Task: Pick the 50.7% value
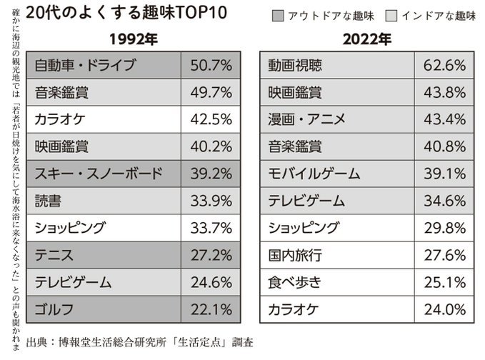(211, 66)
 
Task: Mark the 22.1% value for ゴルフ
(211, 310)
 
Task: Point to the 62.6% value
(444, 66)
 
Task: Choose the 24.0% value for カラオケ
(444, 310)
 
